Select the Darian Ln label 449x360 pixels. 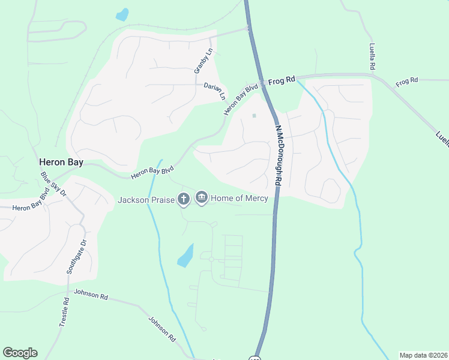pyautogui.click(x=214, y=91)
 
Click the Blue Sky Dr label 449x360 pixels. pyautogui.click(x=53, y=184)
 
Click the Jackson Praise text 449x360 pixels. pyautogui.click(x=146, y=199)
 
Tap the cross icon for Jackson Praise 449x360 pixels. pyautogui.click(x=184, y=199)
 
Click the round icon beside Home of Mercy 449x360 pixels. pyautogui.click(x=201, y=197)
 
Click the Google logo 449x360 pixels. pyautogui.click(x=20, y=353)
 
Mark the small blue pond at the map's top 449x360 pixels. pyautogui.click(x=122, y=14)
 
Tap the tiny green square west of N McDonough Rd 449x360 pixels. pyautogui.click(x=254, y=116)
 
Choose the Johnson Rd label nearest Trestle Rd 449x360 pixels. pyautogui.click(x=91, y=296)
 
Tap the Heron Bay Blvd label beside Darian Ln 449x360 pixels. pyautogui.click(x=241, y=100)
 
